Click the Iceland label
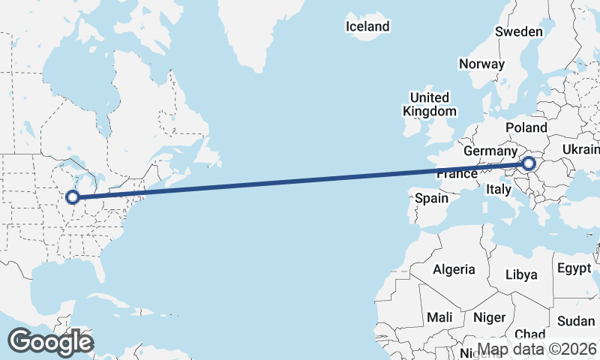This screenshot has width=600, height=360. pyautogui.click(x=367, y=27)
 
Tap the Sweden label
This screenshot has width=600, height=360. pyautogui.click(x=518, y=31)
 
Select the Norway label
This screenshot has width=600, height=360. pyautogui.click(x=481, y=64)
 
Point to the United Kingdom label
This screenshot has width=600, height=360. pyautogui.click(x=430, y=104)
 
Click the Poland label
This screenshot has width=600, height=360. pyautogui.click(x=526, y=127)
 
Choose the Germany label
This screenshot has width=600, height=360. pyautogui.click(x=490, y=151)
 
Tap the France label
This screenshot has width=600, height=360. pyautogui.click(x=457, y=173)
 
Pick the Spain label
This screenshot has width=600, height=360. pyautogui.click(x=431, y=199)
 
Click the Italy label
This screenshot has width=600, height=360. pyautogui.click(x=499, y=189)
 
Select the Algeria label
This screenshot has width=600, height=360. pyautogui.click(x=454, y=269)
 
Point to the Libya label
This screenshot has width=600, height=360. pyautogui.click(x=521, y=274)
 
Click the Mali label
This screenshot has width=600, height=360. pyautogui.click(x=439, y=318)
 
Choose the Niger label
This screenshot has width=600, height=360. pyautogui.click(x=490, y=318)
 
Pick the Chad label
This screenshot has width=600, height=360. pyautogui.click(x=529, y=334)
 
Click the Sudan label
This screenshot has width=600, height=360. pyautogui.click(x=576, y=321)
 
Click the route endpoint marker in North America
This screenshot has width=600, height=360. pyautogui.click(x=73, y=197)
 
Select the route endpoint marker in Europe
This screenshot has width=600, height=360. pyautogui.click(x=529, y=163)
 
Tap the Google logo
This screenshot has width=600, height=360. pyautogui.click(x=50, y=342)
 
